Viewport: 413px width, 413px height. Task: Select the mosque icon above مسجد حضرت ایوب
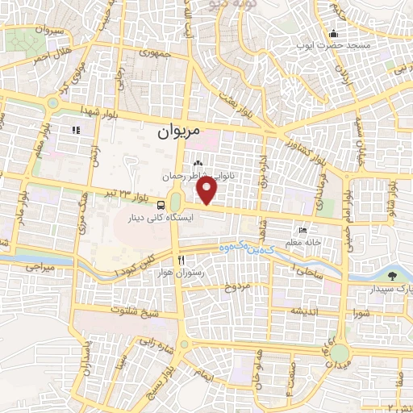click(x=333, y=33)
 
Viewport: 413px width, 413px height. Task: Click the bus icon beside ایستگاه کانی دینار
click(x=161, y=205)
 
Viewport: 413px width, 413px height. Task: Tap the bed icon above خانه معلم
click(x=302, y=230)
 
